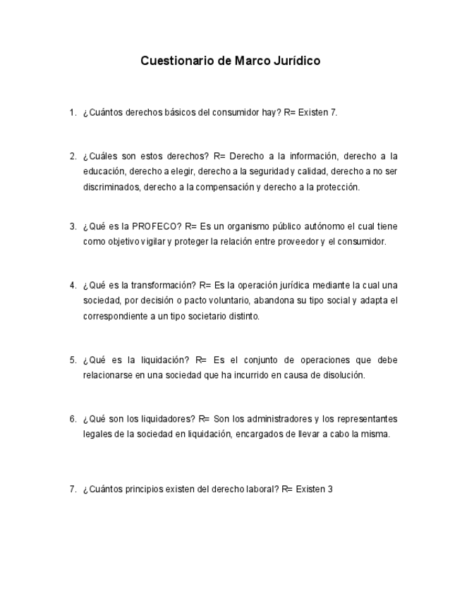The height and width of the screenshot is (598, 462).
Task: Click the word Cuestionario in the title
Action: pyautogui.click(x=178, y=61)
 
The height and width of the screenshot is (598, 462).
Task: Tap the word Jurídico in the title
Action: pyautogui.click(x=296, y=61)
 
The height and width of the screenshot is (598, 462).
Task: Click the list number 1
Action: pyautogui.click(x=71, y=112)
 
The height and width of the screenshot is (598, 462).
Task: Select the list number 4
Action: pyautogui.click(x=71, y=286)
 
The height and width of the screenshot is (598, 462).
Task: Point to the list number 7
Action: pyautogui.click(x=71, y=489)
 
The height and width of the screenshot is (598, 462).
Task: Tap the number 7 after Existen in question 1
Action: pyautogui.click(x=333, y=112)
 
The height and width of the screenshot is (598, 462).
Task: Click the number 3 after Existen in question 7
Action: pyautogui.click(x=329, y=489)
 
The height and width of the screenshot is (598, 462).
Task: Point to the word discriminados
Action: pyautogui.click(x=112, y=187)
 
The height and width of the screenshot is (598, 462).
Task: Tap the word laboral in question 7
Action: pyautogui.click(x=262, y=489)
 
